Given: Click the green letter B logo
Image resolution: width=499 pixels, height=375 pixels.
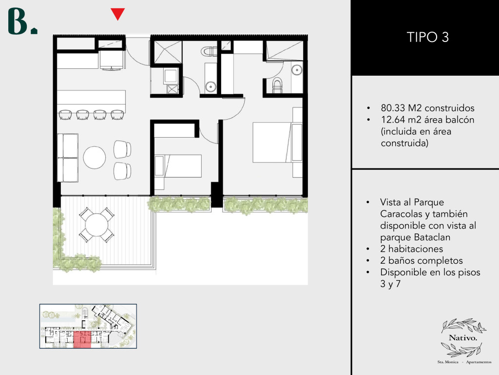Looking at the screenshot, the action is click(x=19, y=21).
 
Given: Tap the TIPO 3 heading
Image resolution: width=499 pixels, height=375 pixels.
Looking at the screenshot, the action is click(x=428, y=37).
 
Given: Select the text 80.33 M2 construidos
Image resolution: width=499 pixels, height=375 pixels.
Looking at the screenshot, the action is click(x=427, y=108).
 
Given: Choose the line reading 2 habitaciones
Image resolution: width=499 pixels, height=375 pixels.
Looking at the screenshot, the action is click(x=411, y=249).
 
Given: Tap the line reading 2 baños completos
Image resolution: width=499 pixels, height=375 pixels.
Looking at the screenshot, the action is click(x=422, y=261).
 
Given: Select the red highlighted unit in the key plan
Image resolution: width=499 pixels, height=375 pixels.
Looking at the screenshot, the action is click(x=82, y=339).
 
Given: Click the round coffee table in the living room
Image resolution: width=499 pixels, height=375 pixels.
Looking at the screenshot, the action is click(x=95, y=158).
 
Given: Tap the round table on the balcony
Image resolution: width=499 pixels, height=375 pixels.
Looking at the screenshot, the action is click(x=96, y=225).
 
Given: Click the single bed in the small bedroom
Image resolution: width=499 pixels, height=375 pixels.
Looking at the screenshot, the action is click(x=178, y=166).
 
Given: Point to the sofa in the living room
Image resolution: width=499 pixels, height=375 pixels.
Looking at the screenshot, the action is click(x=68, y=158).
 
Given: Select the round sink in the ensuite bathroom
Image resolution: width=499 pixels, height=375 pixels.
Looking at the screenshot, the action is click(x=297, y=69).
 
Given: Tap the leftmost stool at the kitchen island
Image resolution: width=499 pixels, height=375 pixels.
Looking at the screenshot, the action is click(x=66, y=115).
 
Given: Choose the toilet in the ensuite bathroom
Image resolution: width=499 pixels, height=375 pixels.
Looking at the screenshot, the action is click(x=277, y=86).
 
